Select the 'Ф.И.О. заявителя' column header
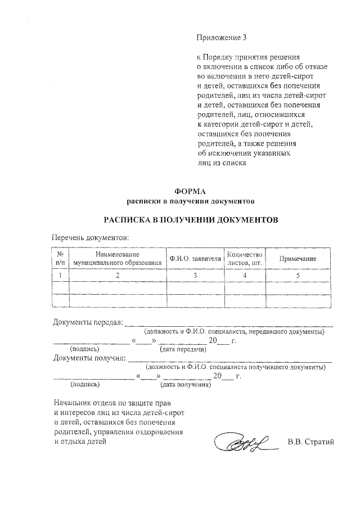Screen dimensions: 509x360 pos(195,259)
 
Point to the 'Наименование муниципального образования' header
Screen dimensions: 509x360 pos(118,258)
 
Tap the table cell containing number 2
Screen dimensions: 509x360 pos(118,275)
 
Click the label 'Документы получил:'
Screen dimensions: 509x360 pos(89,358)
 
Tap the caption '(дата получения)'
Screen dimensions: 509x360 pos(185,385)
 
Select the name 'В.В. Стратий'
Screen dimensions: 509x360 pos(310,441)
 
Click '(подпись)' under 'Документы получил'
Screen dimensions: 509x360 pos(85,385)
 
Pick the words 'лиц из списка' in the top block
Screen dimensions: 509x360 pos(222,163)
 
